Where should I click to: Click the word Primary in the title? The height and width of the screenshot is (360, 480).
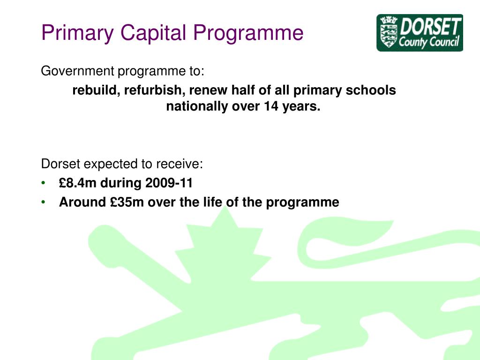(x=77, y=33)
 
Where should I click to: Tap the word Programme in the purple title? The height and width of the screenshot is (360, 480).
(x=248, y=33)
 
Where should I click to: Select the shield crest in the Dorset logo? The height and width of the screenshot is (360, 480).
(x=389, y=33)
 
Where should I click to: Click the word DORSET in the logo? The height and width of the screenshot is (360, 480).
(x=429, y=27)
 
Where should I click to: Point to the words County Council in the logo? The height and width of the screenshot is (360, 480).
(x=428, y=43)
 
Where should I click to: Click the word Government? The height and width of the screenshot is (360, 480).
(x=77, y=71)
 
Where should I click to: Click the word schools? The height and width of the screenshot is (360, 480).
(x=371, y=90)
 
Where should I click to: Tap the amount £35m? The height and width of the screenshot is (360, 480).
(x=127, y=202)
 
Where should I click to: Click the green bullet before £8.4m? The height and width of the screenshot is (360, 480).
(x=44, y=183)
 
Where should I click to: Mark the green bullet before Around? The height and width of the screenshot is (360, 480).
(x=44, y=202)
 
